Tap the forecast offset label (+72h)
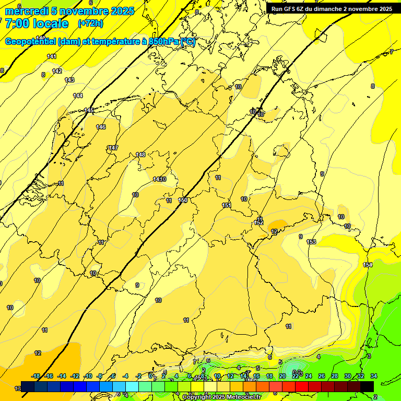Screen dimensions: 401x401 point(90,23)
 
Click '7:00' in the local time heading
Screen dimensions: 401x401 point(16,23)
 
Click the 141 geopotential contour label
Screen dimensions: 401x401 point(52,56)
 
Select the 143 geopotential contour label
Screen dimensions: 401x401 point(69,80)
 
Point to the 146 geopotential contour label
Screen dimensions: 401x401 point(101,127)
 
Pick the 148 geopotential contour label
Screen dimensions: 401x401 point(140,155)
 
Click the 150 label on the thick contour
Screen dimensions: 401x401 point(183,200)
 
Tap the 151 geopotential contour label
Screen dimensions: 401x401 point(227,205)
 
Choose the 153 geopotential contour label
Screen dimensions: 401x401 point(311,242)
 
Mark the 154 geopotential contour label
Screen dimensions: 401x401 point(368,265)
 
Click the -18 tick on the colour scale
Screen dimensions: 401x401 point(36,376)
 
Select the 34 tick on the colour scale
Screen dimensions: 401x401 point(373,376)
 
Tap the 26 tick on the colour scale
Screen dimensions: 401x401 point(321,376)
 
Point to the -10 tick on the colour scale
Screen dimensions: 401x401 point(88,376)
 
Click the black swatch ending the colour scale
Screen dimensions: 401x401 point(367,386)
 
